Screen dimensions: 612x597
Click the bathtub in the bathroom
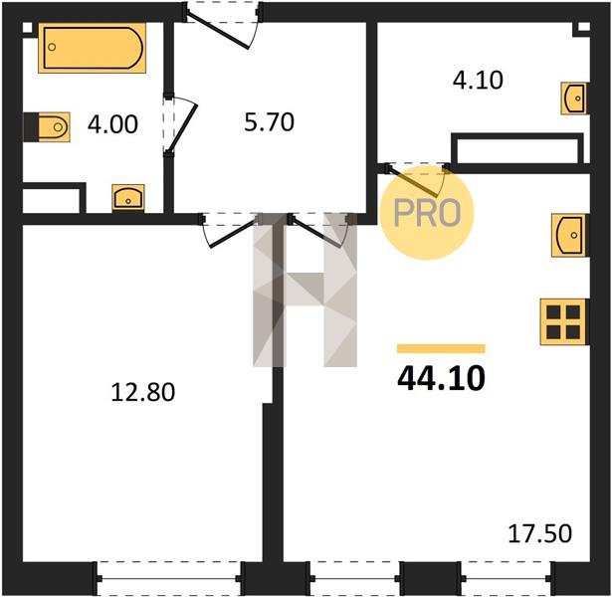pyautogui.click(x=93, y=48)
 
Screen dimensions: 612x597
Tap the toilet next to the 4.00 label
pyautogui.click(x=47, y=126)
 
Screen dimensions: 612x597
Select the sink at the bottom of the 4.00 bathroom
pyautogui.click(x=128, y=198)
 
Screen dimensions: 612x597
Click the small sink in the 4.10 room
pyautogui.click(x=574, y=99)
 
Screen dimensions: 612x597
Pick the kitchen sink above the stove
pyautogui.click(x=569, y=235)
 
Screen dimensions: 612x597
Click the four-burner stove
pyautogui.click(x=563, y=322)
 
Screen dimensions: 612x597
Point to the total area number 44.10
pyautogui.click(x=441, y=378)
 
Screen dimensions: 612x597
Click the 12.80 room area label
pyautogui.click(x=143, y=392)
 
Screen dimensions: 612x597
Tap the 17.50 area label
pyautogui.click(x=539, y=533)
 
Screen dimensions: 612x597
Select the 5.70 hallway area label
pyautogui.click(x=269, y=121)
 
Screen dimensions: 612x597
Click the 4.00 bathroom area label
pyautogui.click(x=112, y=124)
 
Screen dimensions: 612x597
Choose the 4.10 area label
pyautogui.click(x=478, y=81)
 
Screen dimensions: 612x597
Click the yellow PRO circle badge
pyautogui.click(x=426, y=213)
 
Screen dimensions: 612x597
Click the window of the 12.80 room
pyautogui.click(x=168, y=578)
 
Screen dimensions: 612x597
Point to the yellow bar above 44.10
pyautogui.click(x=441, y=348)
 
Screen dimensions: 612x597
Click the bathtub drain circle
pyautogui.click(x=52, y=47)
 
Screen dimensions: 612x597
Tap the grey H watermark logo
pyautogui.click(x=305, y=291)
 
